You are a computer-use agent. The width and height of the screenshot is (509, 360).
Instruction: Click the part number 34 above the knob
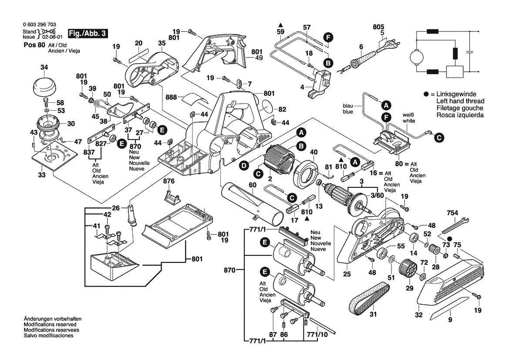[44, 67]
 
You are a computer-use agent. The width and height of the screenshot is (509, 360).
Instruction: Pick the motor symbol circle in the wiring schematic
[417, 57]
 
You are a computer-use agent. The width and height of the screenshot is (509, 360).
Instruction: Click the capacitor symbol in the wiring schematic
[470, 52]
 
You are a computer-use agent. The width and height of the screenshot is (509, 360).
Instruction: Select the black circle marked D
[243, 165]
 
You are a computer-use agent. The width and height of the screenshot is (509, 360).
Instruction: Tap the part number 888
[172, 98]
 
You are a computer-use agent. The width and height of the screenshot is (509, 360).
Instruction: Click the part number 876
[169, 180]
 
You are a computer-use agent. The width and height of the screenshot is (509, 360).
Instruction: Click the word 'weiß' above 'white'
[408, 114]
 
